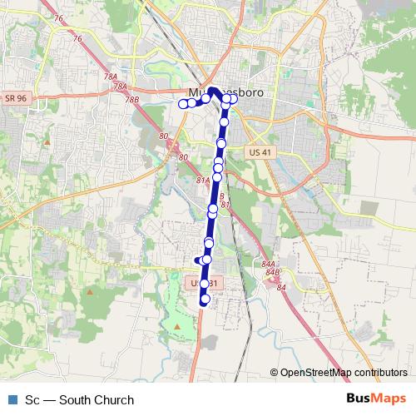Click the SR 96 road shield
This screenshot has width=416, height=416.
[x=15, y=98]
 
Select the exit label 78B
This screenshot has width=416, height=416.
[x=131, y=99]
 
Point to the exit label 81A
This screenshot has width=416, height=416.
[x=203, y=179]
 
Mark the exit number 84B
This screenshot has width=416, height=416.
[x=271, y=271]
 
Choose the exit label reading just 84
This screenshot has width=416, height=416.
[x=281, y=287]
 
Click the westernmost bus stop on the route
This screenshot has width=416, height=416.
[x=183, y=104]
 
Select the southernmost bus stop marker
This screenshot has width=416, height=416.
[x=206, y=300]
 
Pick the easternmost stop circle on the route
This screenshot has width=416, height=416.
[x=234, y=99]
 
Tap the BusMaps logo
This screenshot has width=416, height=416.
[x=377, y=399]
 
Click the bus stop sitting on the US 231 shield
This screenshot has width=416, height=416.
[x=205, y=284]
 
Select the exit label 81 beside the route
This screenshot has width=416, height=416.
[x=225, y=204]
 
